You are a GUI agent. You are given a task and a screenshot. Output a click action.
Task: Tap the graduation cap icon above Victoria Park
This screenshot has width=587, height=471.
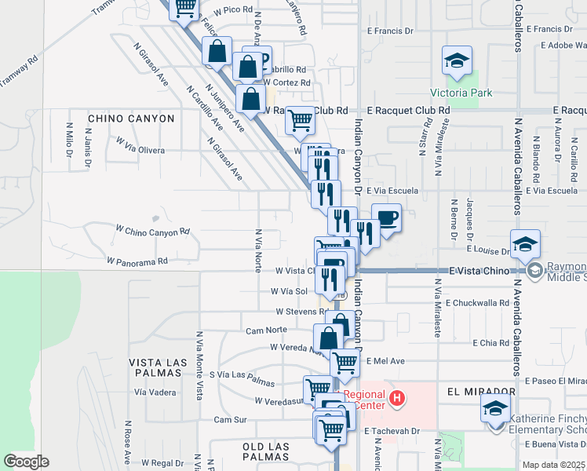coord(456,60)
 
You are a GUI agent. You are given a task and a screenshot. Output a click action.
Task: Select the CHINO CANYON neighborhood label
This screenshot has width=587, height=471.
coord(131,119)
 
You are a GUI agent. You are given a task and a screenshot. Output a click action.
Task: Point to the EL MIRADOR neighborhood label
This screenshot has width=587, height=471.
coord(481,391)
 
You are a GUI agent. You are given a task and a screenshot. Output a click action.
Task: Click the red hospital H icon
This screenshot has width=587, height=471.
coord(397,399)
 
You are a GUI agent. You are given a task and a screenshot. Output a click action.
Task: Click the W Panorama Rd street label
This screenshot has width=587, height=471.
coord(137,260)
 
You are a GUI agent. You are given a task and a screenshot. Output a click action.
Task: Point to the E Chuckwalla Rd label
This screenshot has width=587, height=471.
coord(477,302)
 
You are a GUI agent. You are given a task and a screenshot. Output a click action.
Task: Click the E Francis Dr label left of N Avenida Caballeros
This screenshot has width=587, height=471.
coord(390,31)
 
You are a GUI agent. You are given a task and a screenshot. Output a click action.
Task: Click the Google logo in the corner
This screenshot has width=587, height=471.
coord(26,461)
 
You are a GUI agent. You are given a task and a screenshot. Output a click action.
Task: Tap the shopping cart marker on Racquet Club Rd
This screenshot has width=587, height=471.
coord(300,120)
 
